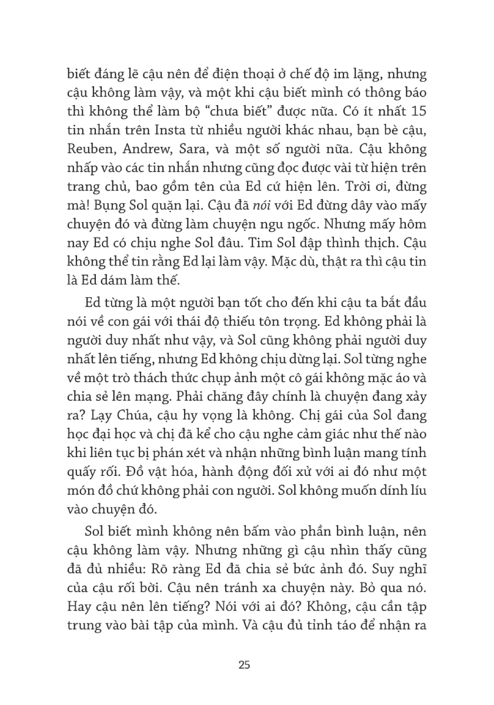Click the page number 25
[x=246, y=666]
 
